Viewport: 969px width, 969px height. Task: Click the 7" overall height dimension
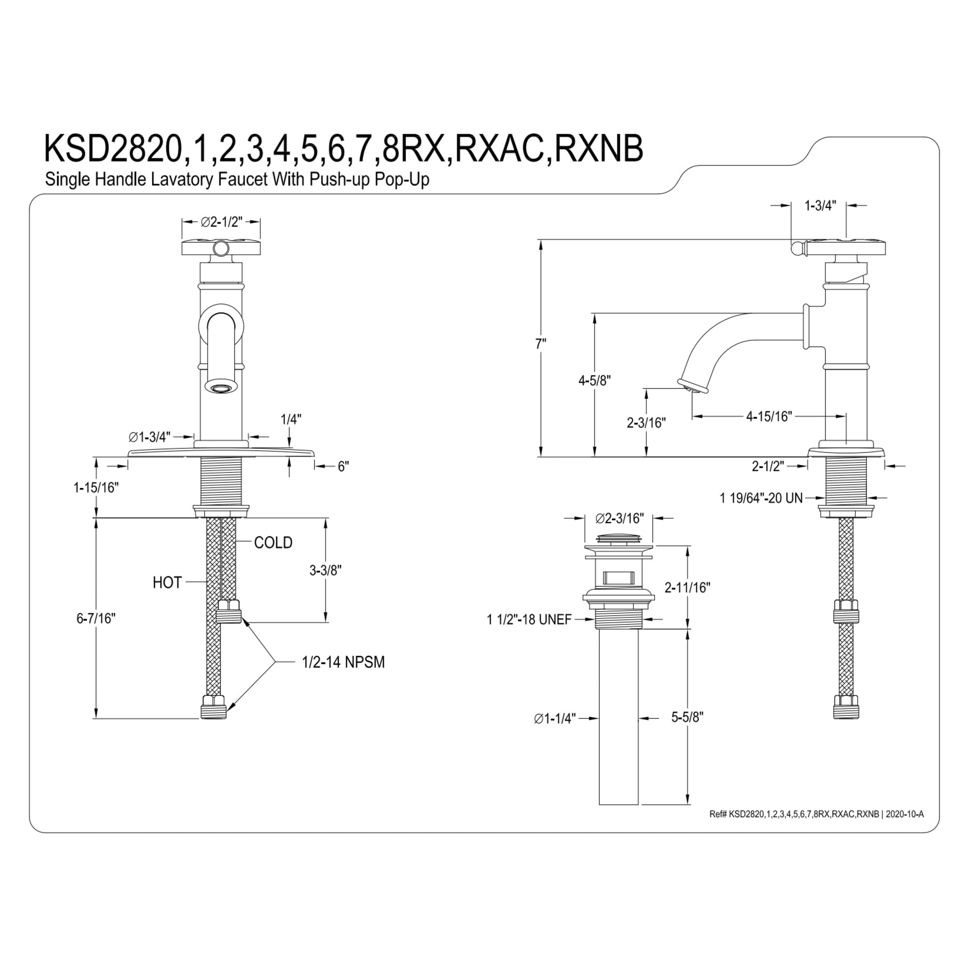click(540, 344)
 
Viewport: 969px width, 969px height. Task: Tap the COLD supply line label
click(273, 543)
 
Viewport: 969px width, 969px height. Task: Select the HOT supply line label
click(167, 583)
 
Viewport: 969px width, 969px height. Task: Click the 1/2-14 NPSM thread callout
click(343, 662)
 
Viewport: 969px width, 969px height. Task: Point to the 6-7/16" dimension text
click(96, 618)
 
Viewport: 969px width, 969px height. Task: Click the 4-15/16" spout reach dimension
click(769, 416)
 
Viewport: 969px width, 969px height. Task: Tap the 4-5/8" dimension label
click(594, 381)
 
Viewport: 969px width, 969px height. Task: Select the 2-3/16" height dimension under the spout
click(646, 423)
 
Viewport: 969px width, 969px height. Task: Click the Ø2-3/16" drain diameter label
click(619, 518)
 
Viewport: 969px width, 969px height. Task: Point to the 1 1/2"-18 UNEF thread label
click(529, 620)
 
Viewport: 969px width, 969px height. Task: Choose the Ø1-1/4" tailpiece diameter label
click(555, 719)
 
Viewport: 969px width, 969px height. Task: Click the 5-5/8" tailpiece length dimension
click(687, 717)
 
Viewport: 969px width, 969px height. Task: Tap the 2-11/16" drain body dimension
click(687, 587)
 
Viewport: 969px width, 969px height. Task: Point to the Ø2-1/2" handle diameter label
click(221, 222)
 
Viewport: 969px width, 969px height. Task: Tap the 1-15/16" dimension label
click(96, 487)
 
